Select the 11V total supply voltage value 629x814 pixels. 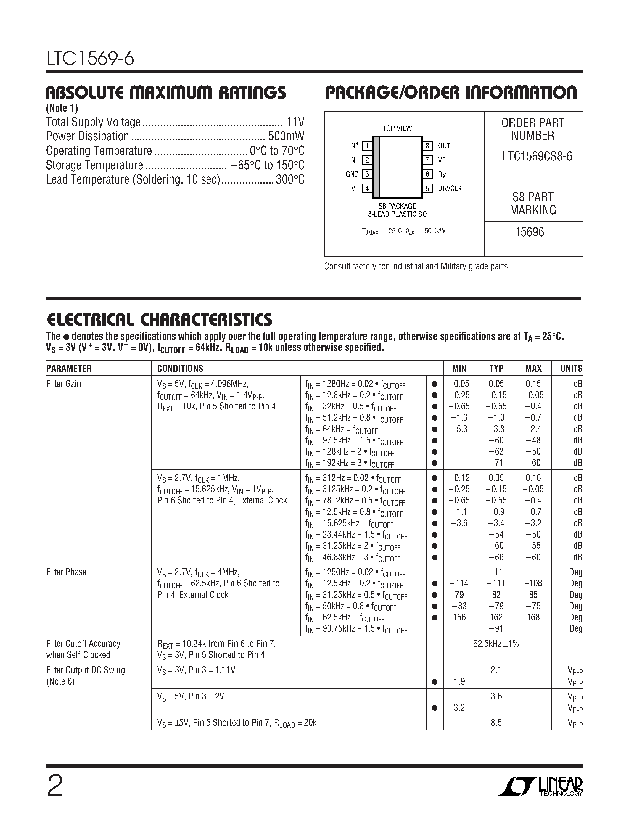point(295,122)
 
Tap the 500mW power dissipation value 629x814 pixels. point(286,136)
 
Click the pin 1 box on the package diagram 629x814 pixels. point(367,146)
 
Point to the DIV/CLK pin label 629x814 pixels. point(450,189)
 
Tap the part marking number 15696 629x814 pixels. point(530,232)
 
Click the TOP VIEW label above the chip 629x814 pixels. point(397,128)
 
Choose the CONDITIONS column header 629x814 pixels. point(180,369)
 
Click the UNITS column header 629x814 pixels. point(571,369)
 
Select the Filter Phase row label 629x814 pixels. point(66,572)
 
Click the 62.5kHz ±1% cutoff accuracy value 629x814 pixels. point(496,644)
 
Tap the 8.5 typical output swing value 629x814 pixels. point(496,723)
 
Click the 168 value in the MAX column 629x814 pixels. point(533,617)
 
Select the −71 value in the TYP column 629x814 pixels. point(496,463)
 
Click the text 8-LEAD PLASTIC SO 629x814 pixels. point(397,214)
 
